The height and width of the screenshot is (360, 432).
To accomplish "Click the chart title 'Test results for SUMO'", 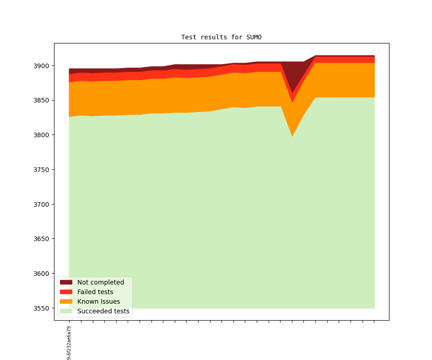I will coord(221,37).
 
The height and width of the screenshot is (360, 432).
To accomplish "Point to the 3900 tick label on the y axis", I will coord(40,66).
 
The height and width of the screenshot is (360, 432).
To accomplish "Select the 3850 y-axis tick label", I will coord(40,101).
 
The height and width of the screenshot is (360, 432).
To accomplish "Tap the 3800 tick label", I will coord(40,135).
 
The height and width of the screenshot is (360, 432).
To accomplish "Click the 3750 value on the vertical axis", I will coord(40,170).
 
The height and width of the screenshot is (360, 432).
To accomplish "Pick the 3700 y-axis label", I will coord(40,204).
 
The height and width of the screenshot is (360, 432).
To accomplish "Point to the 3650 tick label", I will coord(40,239).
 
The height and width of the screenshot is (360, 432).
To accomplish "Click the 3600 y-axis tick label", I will coord(40,274).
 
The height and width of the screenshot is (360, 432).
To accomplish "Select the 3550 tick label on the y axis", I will coord(40,308).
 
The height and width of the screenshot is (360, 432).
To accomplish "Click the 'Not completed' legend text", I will coord(101,282).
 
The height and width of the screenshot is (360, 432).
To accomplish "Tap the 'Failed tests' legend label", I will coord(95,292).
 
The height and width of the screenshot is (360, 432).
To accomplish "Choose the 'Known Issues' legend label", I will coord(98,301).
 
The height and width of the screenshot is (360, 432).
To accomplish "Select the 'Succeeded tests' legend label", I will coord(103,311).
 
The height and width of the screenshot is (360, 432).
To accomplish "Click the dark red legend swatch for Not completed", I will coord(66,282).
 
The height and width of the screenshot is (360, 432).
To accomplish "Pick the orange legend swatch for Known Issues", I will coord(66,301).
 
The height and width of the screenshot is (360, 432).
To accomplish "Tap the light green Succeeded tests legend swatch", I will coord(66,311).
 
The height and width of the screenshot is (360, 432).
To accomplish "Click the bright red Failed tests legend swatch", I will coord(66,292).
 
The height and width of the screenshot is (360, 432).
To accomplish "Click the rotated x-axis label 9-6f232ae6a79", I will coord(69,343).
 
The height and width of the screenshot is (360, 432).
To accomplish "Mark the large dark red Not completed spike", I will coord(292,73).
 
